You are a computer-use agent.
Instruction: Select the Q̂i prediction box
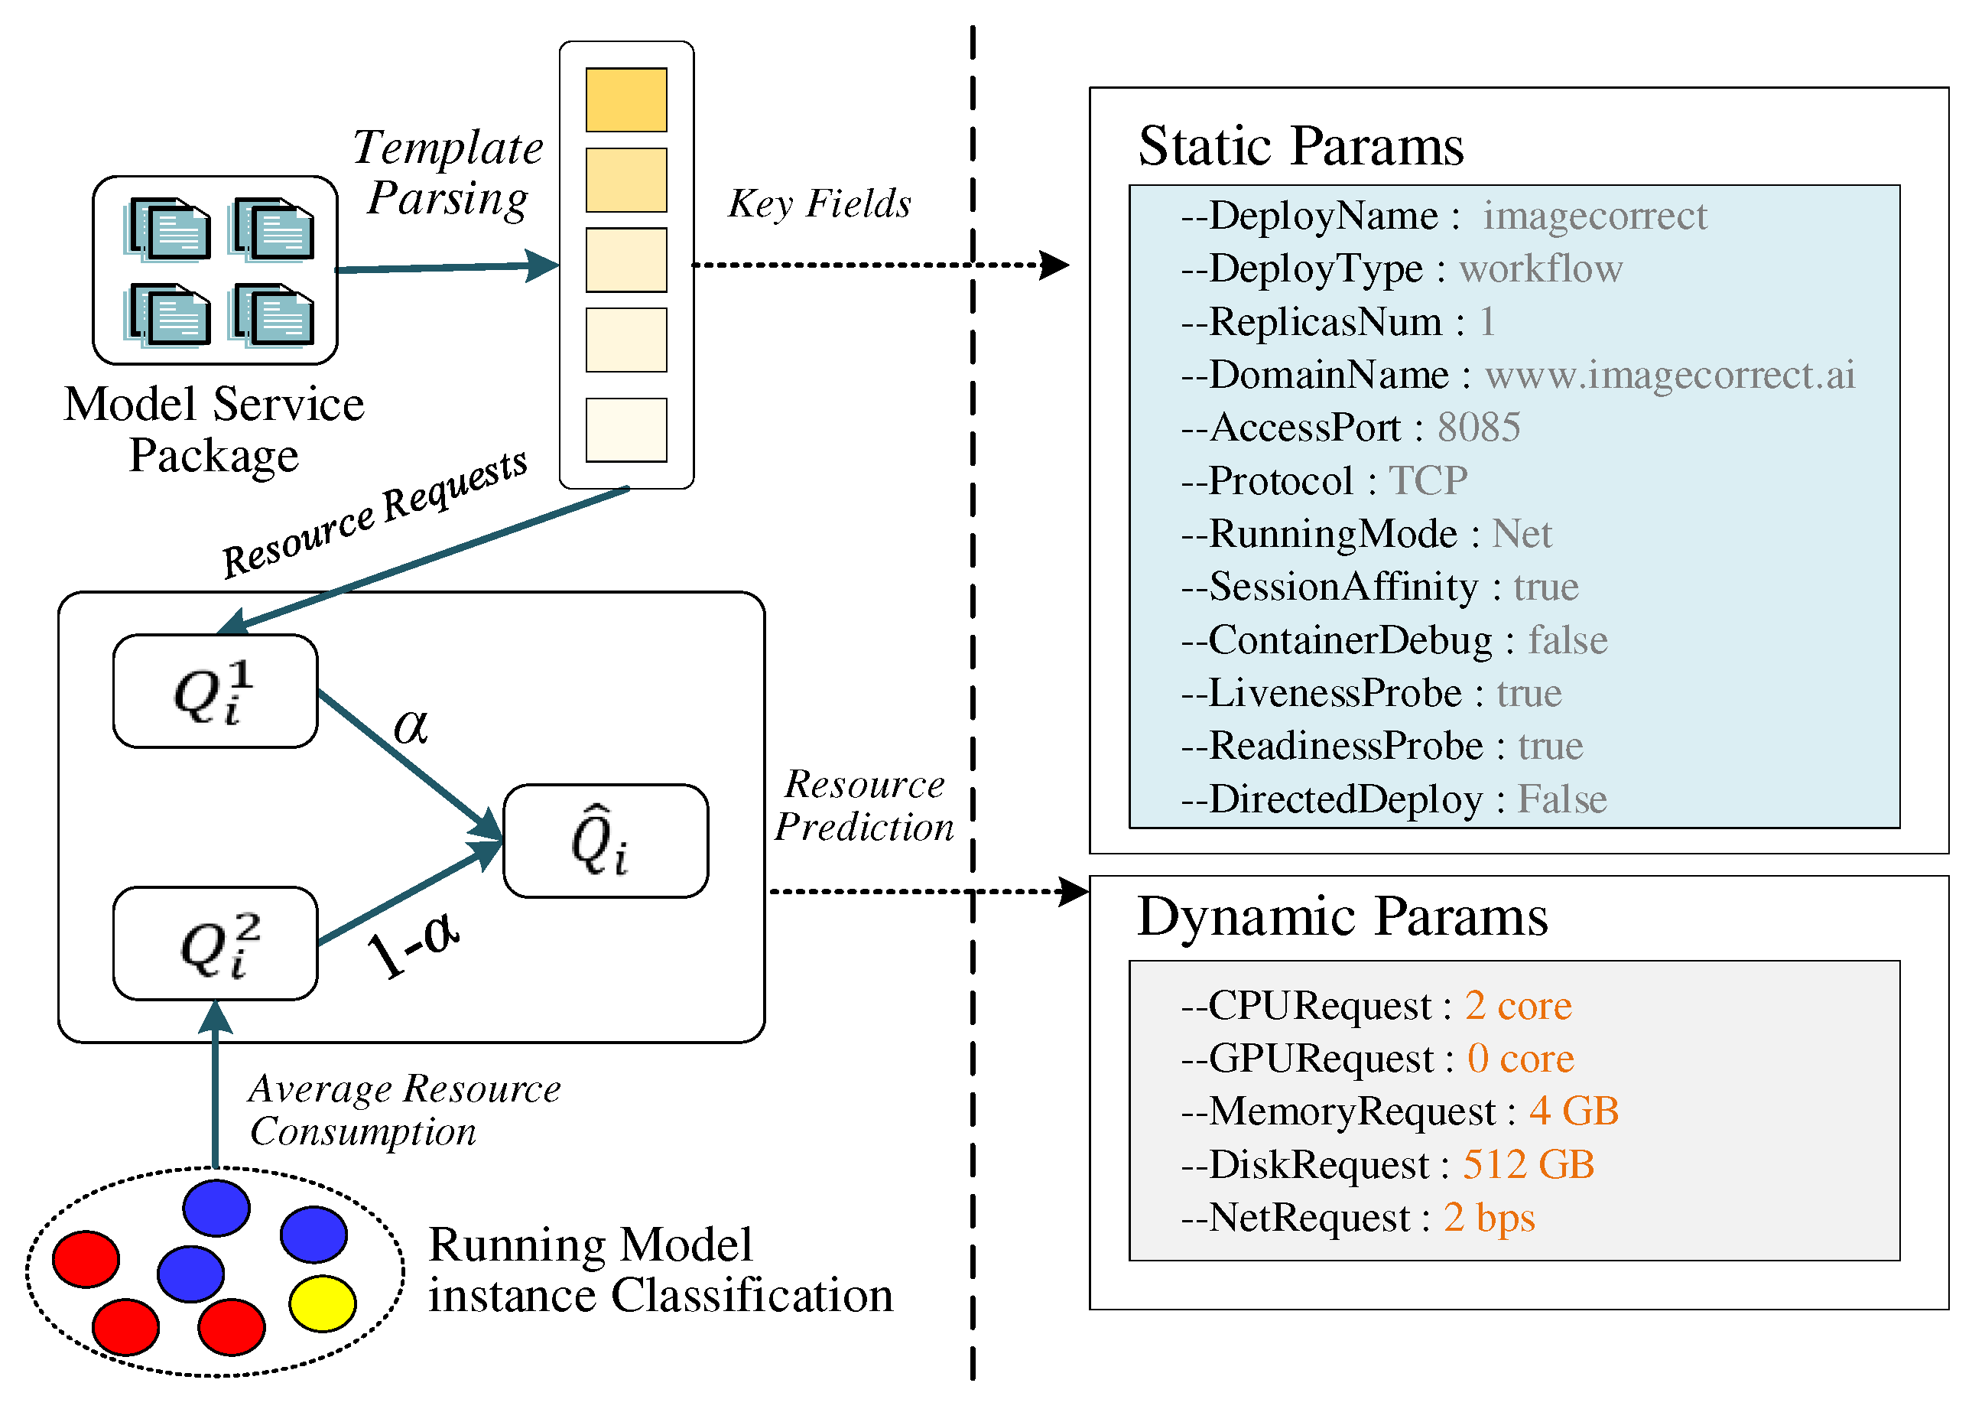pos(606,841)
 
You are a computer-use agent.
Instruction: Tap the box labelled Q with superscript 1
pos(215,691)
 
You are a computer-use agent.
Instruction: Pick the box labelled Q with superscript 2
pos(215,943)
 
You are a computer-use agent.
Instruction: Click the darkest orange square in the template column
pos(626,99)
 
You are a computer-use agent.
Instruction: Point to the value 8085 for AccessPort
pos(1479,427)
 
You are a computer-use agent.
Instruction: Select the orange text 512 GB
pos(1528,1163)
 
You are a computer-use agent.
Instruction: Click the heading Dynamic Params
pos(1341,916)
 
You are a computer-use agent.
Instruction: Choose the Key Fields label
pos(820,204)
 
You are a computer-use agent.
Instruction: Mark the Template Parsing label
pos(447,173)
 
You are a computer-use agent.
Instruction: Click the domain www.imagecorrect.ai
pos(1669,374)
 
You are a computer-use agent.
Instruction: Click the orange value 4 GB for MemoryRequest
pos(1573,1111)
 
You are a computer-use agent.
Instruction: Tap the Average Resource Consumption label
pos(404,1110)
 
